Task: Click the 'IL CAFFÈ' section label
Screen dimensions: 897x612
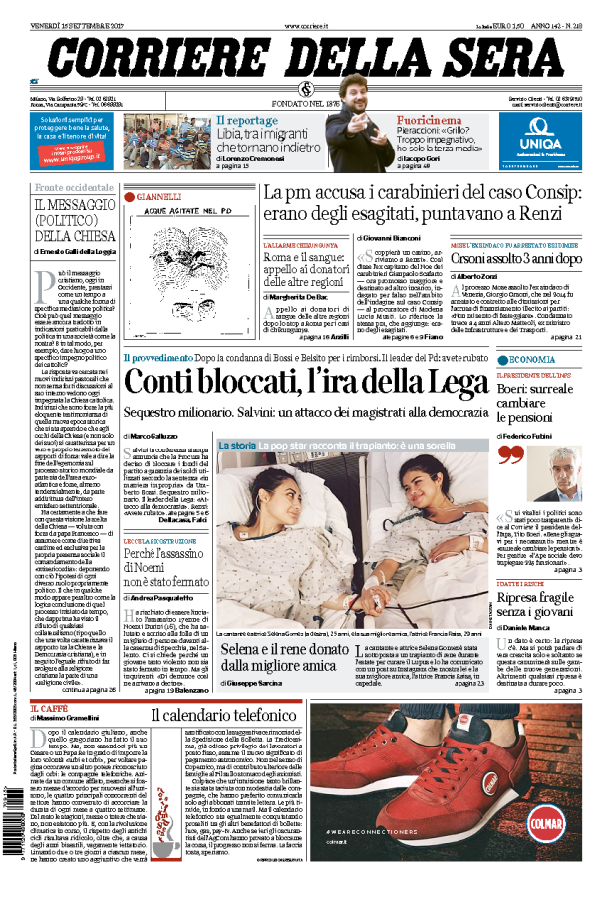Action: click(54, 708)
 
